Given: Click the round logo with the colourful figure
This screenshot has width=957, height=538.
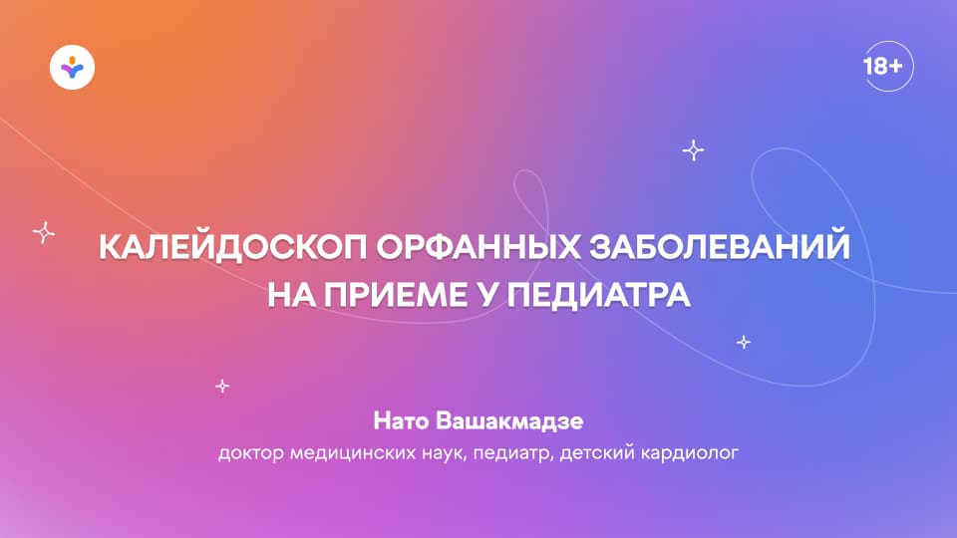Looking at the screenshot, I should pos(72,69).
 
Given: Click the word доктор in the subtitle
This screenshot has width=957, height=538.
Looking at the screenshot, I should pos(249,454).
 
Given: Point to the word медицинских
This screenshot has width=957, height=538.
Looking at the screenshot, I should pos(351,454).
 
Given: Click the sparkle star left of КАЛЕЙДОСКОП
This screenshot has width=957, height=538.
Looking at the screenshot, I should pos(43,232).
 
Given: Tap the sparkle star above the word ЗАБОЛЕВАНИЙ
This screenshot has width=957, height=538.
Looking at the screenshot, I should pos(693,150).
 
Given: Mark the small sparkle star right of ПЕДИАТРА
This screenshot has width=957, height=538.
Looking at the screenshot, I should pos(743,342).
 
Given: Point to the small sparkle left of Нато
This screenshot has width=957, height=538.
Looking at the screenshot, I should pos(222,386).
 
